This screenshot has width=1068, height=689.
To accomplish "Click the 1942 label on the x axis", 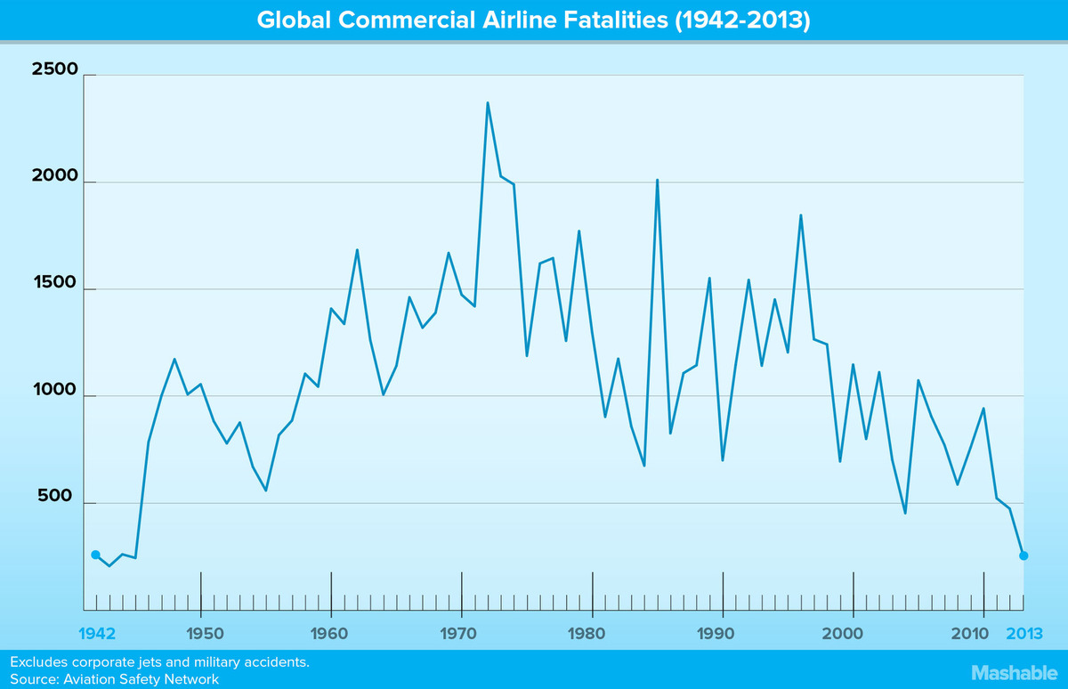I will coord(96,635).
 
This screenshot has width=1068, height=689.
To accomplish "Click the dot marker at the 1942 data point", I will coord(96,555).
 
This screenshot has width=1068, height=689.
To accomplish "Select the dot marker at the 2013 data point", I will coord(1023,555).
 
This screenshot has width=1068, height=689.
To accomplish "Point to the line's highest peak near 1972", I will coord(488,103).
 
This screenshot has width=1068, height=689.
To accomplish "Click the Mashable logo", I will coord(1011,672).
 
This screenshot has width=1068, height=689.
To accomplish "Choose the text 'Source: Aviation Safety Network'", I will coord(114,679).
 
